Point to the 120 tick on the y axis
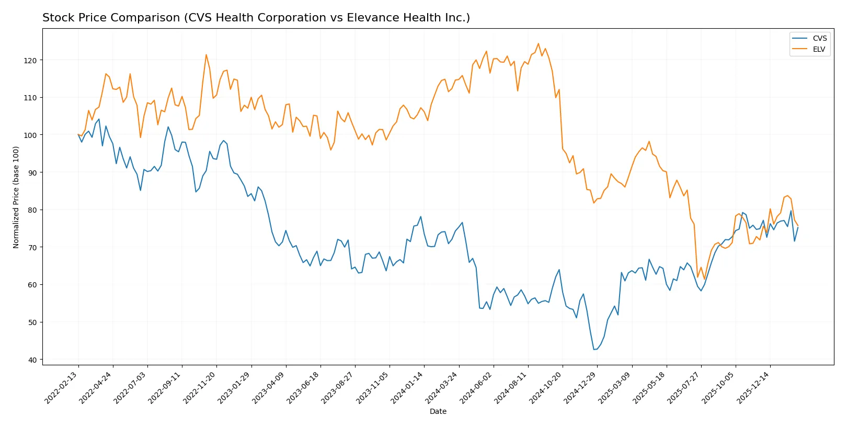[x=30, y=61]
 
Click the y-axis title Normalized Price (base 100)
[x=16, y=197]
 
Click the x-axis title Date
[x=438, y=411]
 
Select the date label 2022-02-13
[x=61, y=388]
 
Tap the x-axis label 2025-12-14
[x=753, y=388]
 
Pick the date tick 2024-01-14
[x=407, y=388]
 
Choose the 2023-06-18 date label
[x=303, y=388]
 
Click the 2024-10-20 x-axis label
[x=545, y=388]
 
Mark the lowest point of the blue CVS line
[x=594, y=349]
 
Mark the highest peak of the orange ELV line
[x=538, y=43]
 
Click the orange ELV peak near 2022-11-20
[x=206, y=54]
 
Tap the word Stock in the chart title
[x=56, y=18]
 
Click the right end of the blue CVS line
[x=798, y=227]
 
